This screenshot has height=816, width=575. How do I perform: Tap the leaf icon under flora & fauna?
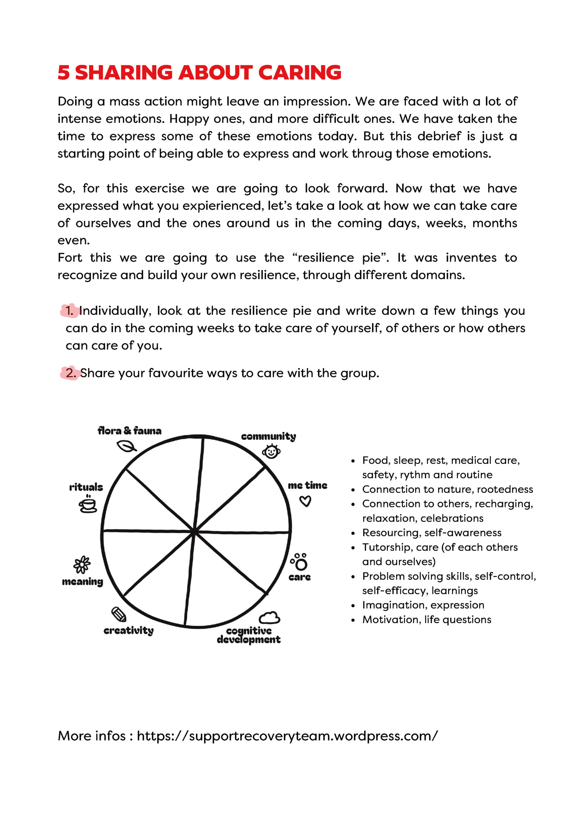click(x=126, y=446)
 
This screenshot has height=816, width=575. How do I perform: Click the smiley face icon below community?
click(x=271, y=451)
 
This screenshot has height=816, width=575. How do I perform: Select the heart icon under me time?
click(x=306, y=501)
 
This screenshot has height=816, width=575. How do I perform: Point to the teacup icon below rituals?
click(x=88, y=505)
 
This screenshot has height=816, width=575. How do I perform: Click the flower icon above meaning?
click(x=82, y=565)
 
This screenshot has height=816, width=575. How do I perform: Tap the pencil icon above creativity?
click(x=119, y=614)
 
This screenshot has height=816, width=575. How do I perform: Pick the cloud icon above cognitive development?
click(x=269, y=618)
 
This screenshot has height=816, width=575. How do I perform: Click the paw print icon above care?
click(x=300, y=562)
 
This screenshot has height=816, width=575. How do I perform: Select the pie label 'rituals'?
click(x=86, y=487)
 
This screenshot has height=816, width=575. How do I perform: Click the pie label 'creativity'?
click(x=128, y=630)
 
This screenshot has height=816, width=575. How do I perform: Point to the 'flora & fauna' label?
click(x=129, y=431)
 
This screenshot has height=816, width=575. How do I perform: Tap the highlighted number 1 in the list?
click(x=70, y=311)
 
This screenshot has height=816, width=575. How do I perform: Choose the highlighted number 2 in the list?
click(x=70, y=373)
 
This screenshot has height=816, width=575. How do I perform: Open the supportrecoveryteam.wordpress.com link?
click(x=287, y=736)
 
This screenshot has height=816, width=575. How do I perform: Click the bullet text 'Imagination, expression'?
click(x=423, y=605)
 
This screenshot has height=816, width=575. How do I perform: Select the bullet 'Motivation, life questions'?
click(x=426, y=620)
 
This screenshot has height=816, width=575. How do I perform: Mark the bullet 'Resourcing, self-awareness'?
click(x=432, y=533)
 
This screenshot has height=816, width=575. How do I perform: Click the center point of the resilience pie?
click(x=195, y=532)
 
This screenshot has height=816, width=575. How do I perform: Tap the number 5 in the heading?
click(x=64, y=73)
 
